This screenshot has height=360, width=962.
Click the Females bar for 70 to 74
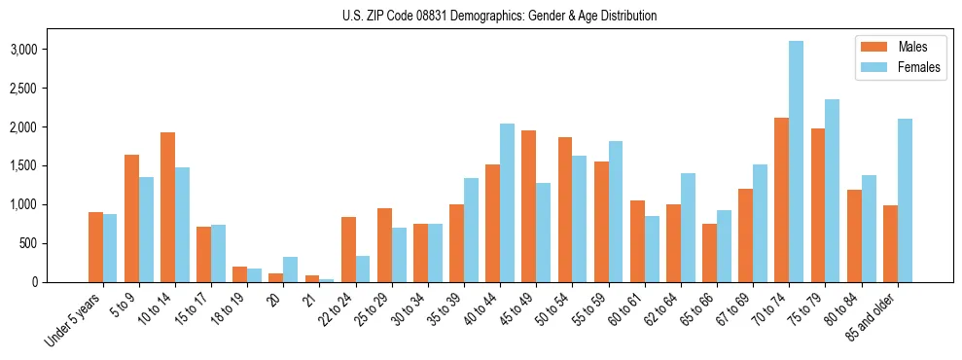[x=797, y=162]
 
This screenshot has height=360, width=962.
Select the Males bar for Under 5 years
[x=95, y=247]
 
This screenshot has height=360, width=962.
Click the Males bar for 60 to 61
[x=637, y=241]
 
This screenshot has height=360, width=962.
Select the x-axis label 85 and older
[x=871, y=316]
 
